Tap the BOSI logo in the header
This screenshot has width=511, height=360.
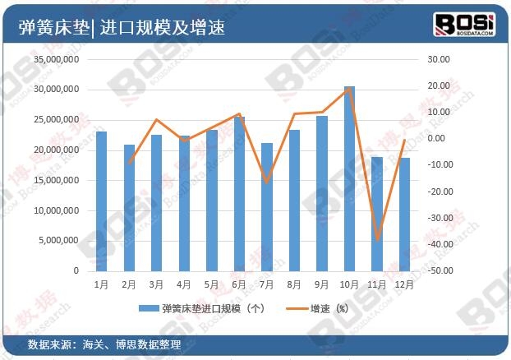coord(464,25)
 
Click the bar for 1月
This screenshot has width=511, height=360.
coord(101,201)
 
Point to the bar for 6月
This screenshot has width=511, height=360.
coord(239,193)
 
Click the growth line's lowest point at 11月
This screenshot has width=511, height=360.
coord(377,240)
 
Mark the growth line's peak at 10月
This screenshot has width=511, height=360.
coord(349,89)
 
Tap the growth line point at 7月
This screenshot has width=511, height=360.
coord(266,182)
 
